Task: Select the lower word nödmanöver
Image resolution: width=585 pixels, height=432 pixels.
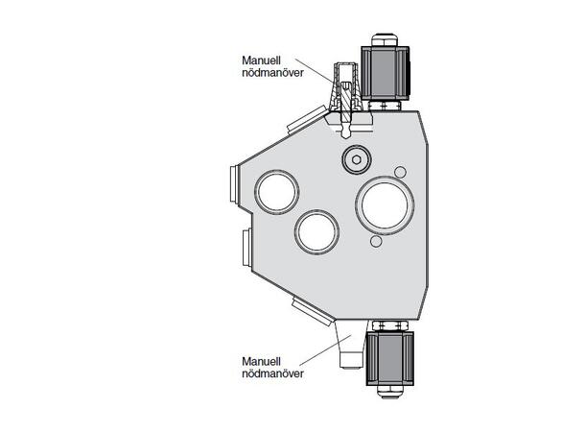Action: [273, 373]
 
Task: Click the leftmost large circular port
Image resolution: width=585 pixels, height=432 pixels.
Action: [277, 191]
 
